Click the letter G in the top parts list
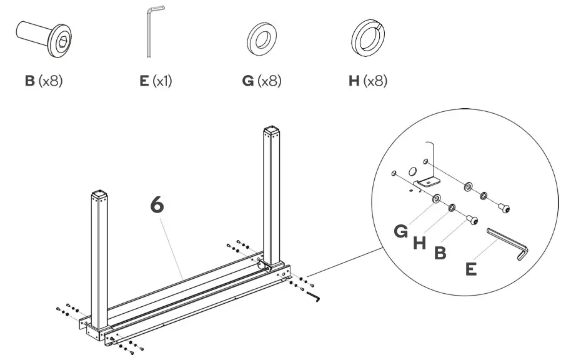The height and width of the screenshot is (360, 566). coord(247,82)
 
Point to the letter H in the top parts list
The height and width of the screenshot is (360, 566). coord(354,82)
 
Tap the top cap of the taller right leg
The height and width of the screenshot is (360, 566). coord(271,132)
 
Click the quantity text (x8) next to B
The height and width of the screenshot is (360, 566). coord(52,82)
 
